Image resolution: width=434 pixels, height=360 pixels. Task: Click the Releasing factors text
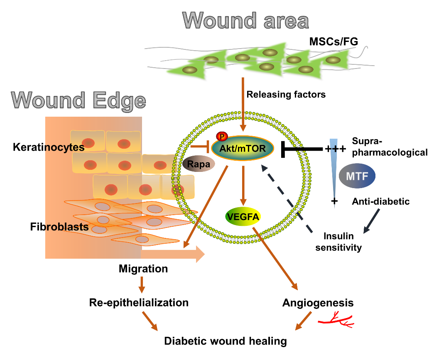click(x=286, y=95)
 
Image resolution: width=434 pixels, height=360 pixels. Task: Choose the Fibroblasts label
click(x=54, y=227)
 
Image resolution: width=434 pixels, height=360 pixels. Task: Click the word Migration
click(x=143, y=269)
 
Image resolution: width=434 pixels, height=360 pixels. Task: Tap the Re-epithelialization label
click(x=139, y=302)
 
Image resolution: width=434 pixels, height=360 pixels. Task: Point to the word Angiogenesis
click(x=318, y=303)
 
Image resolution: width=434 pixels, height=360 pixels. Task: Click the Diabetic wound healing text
click(x=226, y=341)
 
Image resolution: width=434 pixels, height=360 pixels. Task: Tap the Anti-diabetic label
click(x=381, y=202)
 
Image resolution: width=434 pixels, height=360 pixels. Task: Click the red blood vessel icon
click(x=335, y=320)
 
